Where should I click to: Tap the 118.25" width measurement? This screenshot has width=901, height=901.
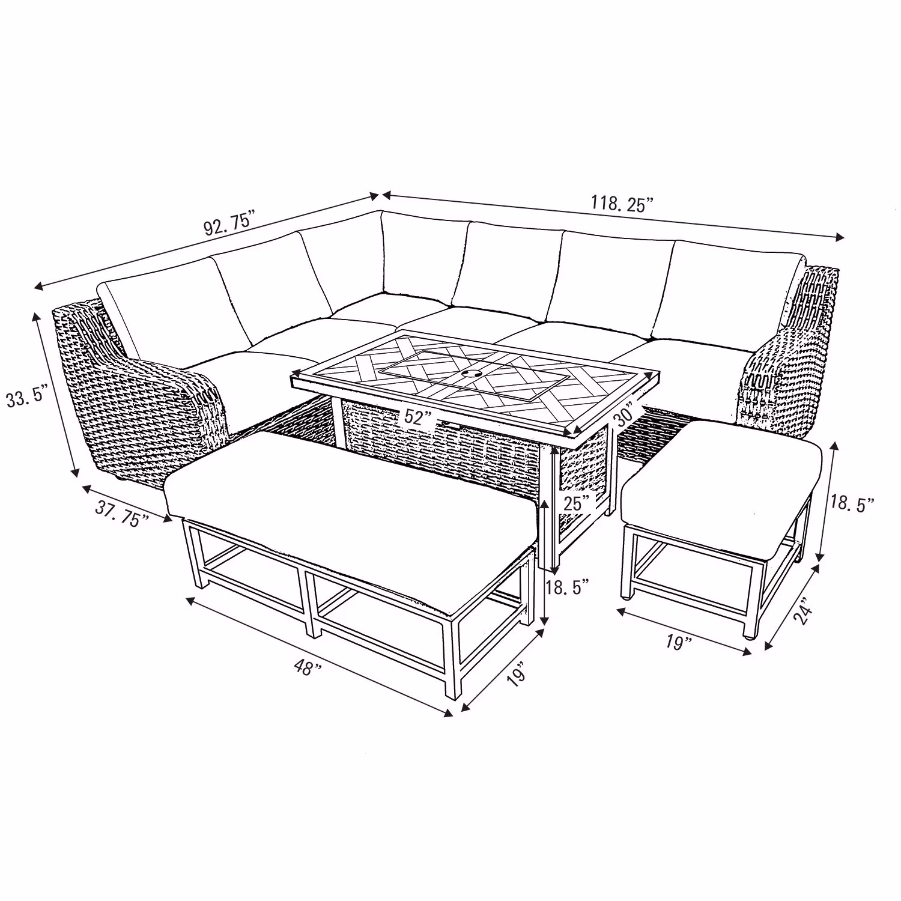622,204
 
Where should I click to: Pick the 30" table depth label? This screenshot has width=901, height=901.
625,416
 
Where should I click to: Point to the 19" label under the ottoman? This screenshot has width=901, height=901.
677,643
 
